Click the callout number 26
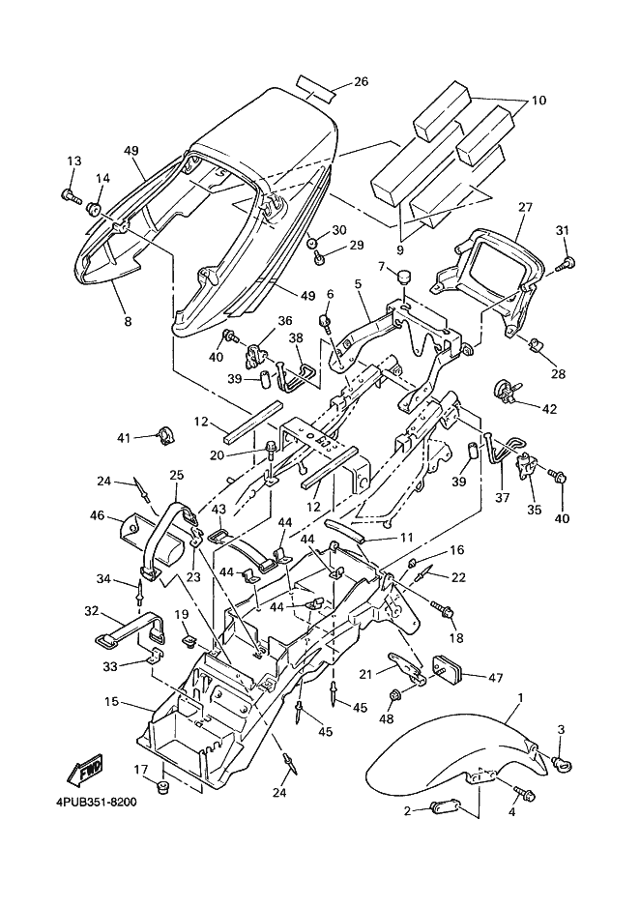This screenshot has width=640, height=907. [x=360, y=82]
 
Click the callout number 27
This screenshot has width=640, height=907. [x=525, y=207]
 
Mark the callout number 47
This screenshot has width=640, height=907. [x=495, y=679]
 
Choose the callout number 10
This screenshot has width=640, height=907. [x=538, y=101]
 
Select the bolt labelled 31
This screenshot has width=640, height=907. [x=568, y=261]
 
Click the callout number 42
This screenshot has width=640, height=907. [x=550, y=409]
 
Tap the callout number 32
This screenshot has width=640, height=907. [x=91, y=611]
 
